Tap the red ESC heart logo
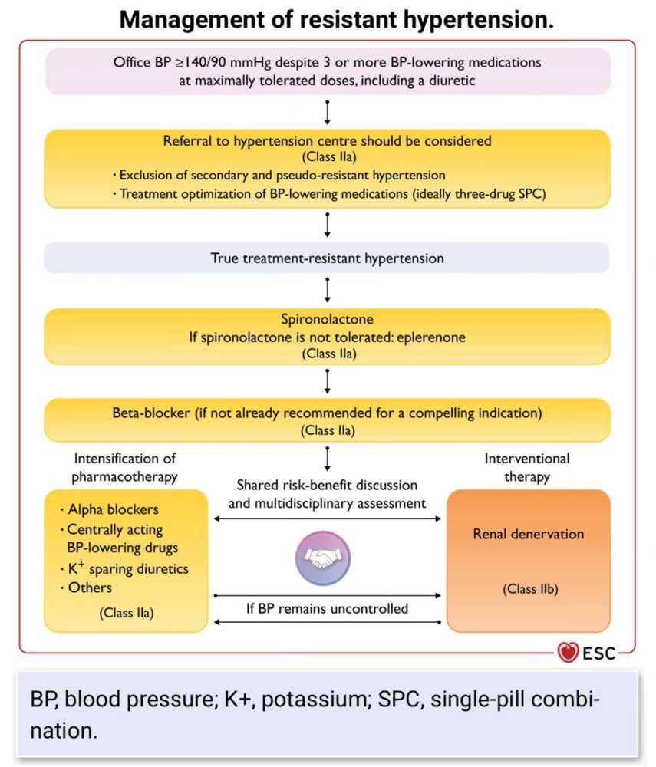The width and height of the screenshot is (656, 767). tap(569, 653)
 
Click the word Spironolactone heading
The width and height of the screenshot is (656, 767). tap(328, 319)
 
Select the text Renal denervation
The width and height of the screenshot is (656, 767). tap(528, 534)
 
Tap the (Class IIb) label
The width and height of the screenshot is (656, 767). tap(529, 590)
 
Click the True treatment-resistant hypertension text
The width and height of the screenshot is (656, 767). tap(328, 258)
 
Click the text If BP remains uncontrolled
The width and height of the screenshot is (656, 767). tap(328, 609)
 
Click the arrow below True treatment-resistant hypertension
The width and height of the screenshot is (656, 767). tap(328, 290)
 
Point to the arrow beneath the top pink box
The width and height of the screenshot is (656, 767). tap(328, 111)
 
